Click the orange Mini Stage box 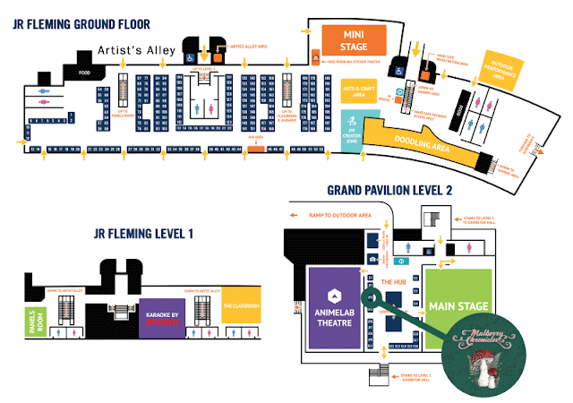click(355, 40)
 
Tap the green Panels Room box click(35, 319)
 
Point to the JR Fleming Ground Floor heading click(81, 24)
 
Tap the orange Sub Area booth click(256, 147)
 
